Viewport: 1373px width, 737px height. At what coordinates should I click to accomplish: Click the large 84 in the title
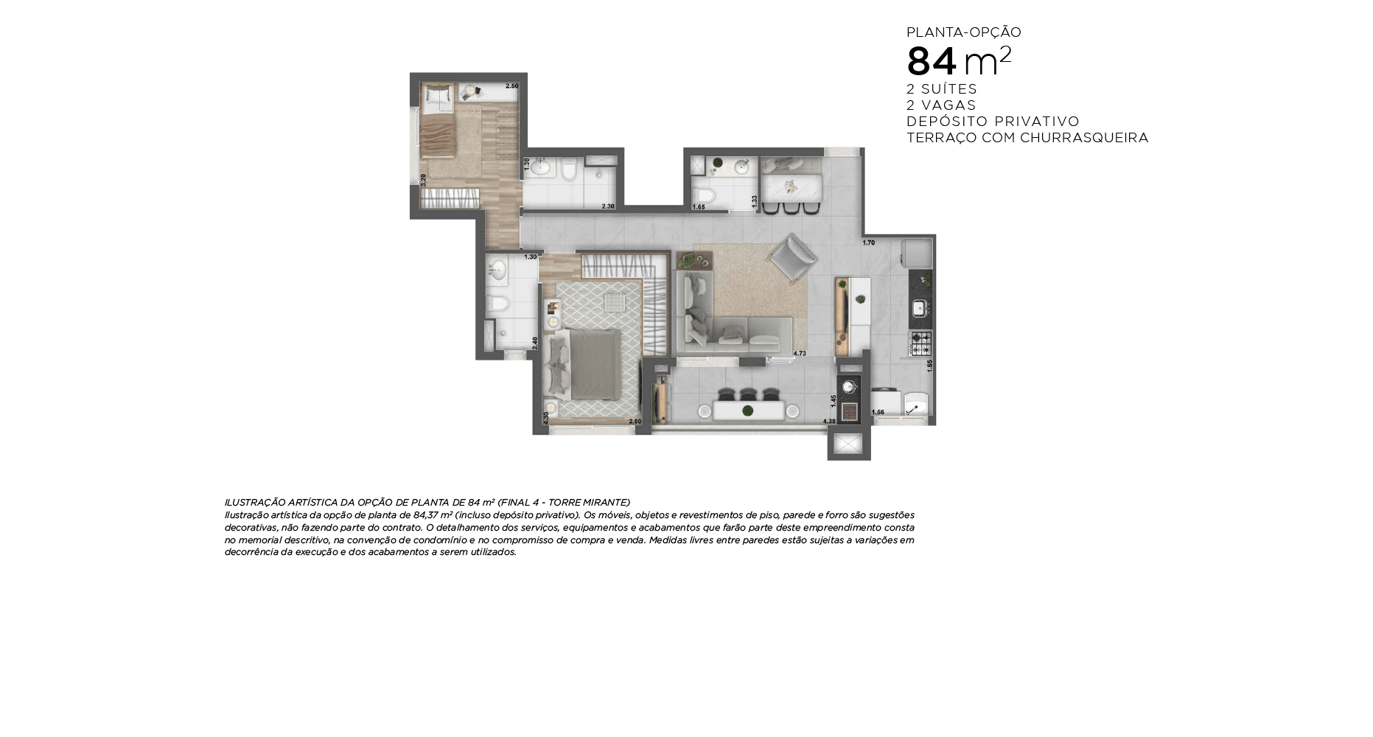click(x=931, y=62)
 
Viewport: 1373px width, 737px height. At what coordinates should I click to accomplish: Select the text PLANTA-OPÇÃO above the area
click(x=963, y=32)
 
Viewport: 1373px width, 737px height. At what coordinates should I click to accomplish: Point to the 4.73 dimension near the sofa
click(x=800, y=354)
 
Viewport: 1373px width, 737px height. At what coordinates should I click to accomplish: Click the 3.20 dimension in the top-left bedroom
click(x=423, y=180)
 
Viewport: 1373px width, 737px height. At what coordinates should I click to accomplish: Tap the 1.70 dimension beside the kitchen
click(x=868, y=242)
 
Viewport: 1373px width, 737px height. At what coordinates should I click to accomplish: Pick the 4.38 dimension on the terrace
click(x=829, y=422)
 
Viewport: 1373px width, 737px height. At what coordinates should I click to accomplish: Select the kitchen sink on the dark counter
click(x=919, y=308)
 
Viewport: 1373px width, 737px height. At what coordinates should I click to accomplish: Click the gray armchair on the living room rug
click(x=793, y=257)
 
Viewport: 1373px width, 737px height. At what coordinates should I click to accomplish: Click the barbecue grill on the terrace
click(x=849, y=411)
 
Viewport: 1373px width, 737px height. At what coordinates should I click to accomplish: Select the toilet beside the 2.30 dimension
click(x=568, y=171)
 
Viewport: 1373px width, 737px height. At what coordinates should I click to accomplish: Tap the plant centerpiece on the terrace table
click(x=747, y=411)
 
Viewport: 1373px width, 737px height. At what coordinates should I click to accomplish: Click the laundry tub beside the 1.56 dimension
click(x=915, y=405)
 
